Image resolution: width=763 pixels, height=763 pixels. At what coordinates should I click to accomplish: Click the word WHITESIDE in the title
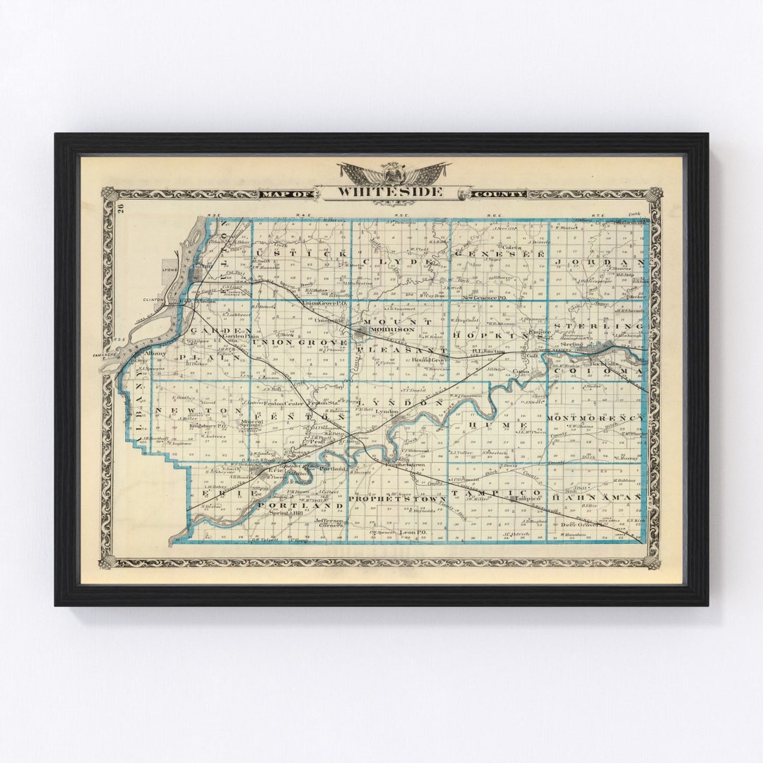(x=390, y=191)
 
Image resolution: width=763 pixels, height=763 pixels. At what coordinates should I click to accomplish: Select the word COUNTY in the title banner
(x=499, y=194)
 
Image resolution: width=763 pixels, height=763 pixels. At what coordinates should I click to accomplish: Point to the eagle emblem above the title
(x=393, y=172)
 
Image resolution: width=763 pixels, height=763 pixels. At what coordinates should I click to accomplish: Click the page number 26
(x=121, y=209)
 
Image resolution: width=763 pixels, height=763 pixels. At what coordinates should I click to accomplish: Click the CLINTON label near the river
(x=152, y=299)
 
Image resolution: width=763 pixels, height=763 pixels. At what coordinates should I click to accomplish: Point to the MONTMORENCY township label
(x=596, y=418)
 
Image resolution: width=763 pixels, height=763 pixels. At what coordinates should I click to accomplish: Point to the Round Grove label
(x=430, y=359)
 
